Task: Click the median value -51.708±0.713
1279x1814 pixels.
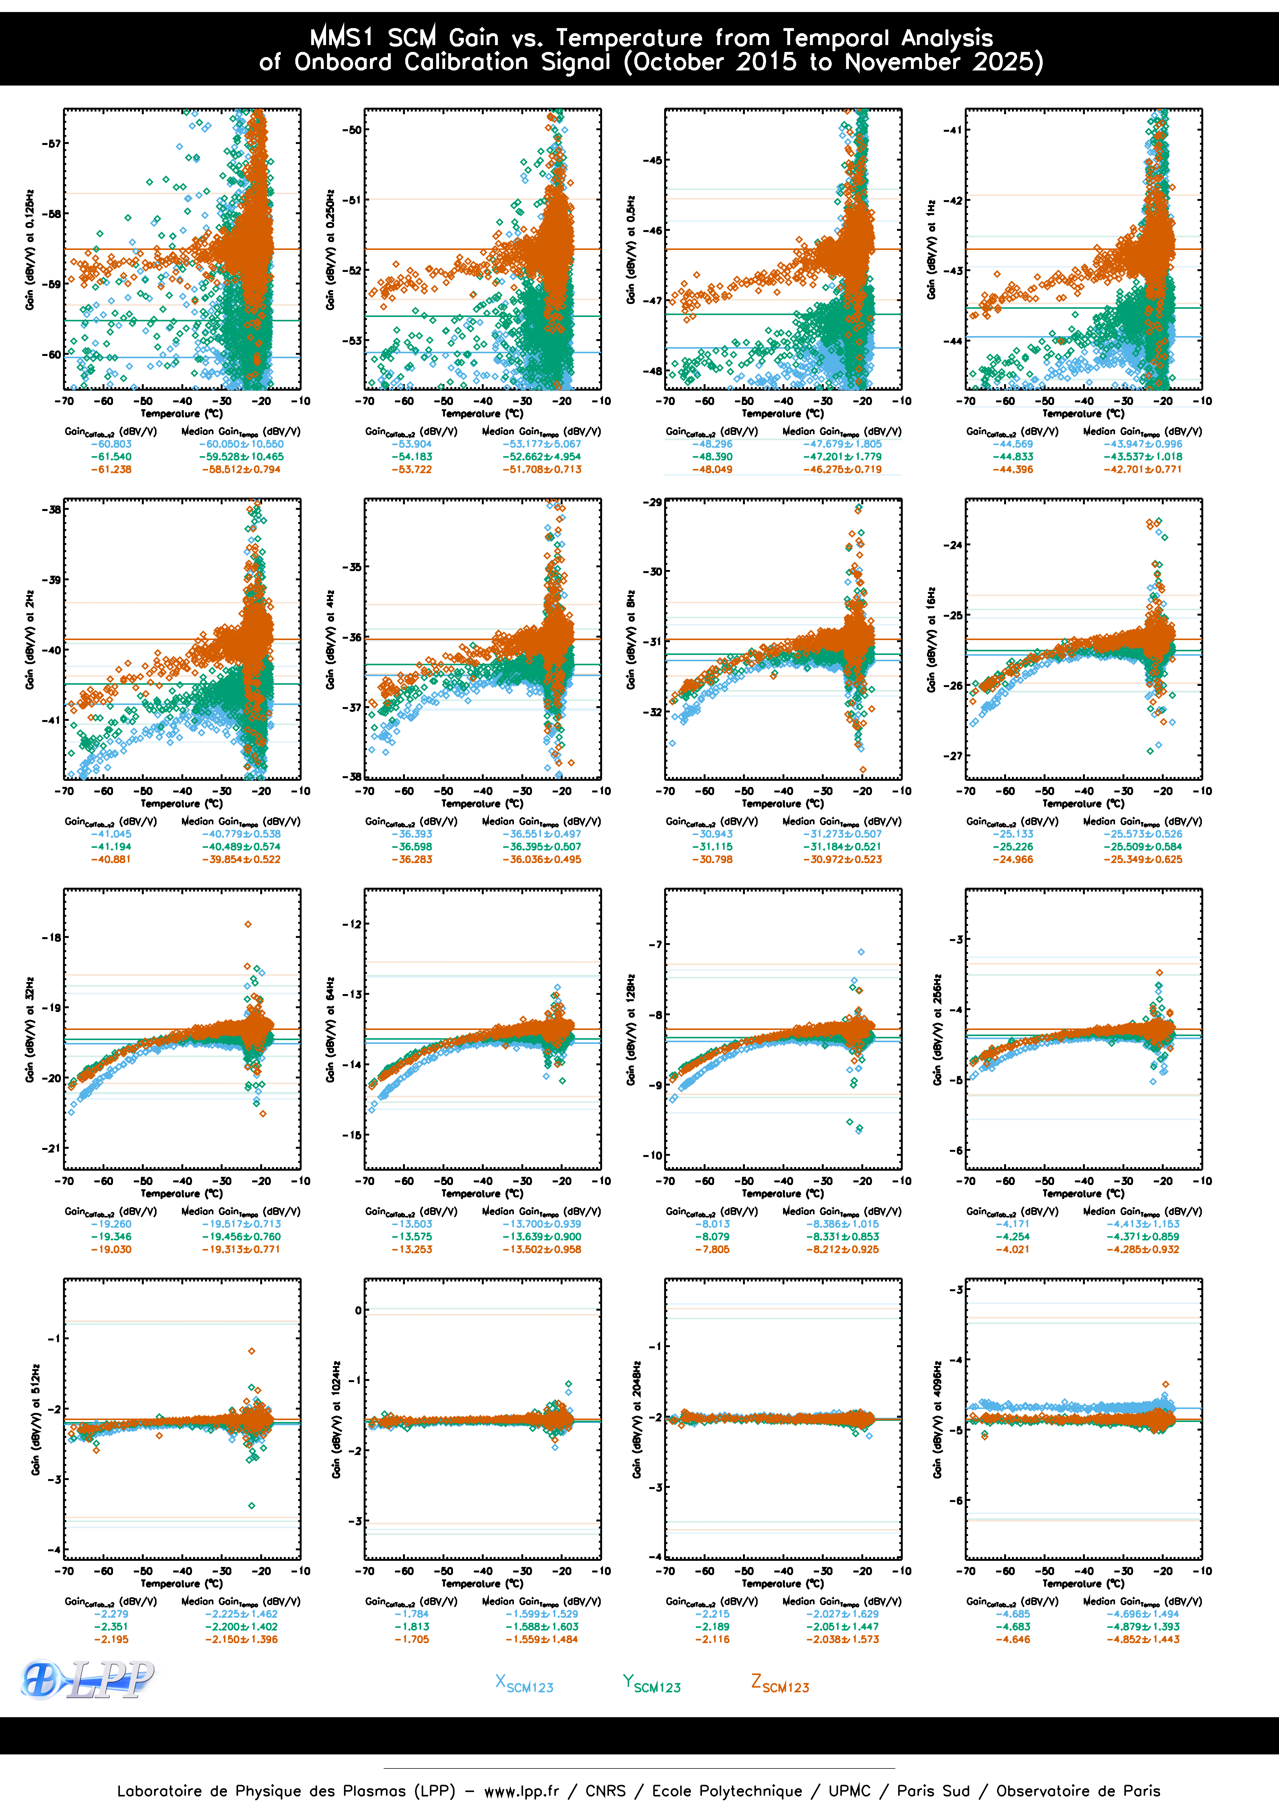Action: point(542,469)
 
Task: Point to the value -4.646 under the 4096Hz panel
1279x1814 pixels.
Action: point(1013,1639)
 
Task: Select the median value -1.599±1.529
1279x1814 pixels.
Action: point(542,1614)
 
